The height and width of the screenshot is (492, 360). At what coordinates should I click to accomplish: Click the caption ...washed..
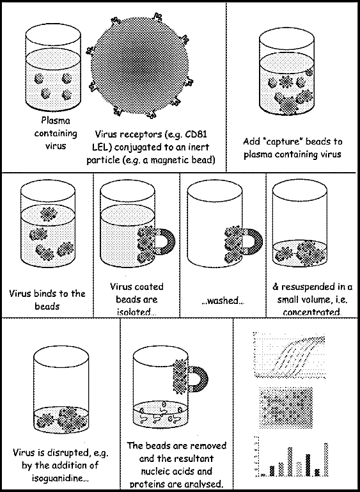point(223,301)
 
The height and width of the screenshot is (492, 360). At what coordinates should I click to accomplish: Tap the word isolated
point(136,312)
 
